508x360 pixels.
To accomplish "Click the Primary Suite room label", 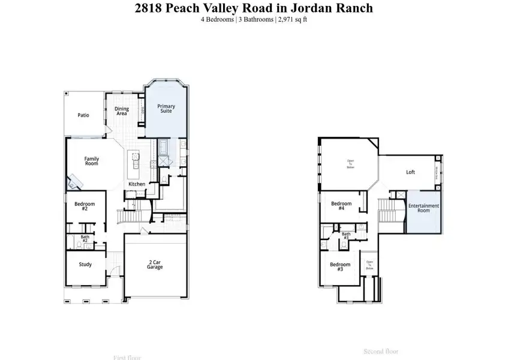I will pos(166,109).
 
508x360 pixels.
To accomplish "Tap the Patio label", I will pos(83,115).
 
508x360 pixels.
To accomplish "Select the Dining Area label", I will pos(121,111).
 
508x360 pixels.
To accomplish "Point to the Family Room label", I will pos(91,161).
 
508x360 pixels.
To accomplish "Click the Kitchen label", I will pos(136,184).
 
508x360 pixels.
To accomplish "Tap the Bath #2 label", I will pos(85,239).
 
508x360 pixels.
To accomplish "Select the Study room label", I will pos(85,264).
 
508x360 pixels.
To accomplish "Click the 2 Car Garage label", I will pos(155,265).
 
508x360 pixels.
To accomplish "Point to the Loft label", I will pos(410,172).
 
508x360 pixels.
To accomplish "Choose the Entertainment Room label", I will pos(423,208).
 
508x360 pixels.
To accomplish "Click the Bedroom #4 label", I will pos(341,206).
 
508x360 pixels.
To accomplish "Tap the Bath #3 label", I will pos(345,236).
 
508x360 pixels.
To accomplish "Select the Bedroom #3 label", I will pos(339,267).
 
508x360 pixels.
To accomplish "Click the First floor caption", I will pos(127,357).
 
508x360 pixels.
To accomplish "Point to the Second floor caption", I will pos(381,351).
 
